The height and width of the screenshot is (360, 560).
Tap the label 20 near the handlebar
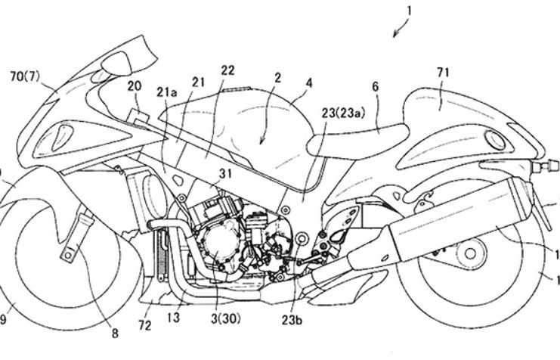(x=135, y=87)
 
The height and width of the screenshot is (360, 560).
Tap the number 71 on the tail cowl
(x=442, y=73)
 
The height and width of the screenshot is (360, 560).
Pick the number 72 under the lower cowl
(x=144, y=325)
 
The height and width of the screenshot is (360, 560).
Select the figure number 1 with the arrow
(x=408, y=12)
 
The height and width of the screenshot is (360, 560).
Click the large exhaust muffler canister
(x=453, y=216)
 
